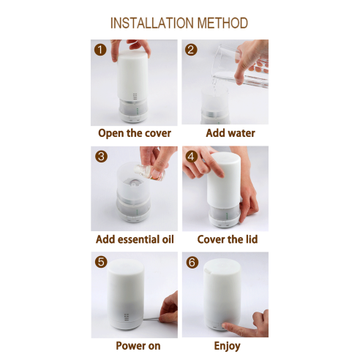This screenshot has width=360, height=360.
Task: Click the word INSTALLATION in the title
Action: click(153, 23)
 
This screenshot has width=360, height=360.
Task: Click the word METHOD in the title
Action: click(222, 23)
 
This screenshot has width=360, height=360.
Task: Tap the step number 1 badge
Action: click(100, 50)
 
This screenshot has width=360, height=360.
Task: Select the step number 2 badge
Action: click(191, 50)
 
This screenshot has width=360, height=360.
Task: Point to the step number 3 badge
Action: click(101, 157)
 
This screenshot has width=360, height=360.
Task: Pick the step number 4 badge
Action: click(192, 157)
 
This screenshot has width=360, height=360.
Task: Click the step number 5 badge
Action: click(101, 262)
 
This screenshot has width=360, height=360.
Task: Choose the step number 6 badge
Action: click(192, 263)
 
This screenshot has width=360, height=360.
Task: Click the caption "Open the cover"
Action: click(135, 133)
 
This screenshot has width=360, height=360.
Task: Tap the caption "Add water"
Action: click(230, 133)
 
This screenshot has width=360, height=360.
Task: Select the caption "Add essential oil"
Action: click(135, 239)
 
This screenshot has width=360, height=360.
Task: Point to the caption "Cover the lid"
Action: click(228, 239)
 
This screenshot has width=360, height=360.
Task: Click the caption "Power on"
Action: click(138, 346)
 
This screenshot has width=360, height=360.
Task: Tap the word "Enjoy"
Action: click(228, 346)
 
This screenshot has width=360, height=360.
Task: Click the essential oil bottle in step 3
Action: click(150, 172)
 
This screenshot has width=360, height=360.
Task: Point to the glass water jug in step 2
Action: click(240, 66)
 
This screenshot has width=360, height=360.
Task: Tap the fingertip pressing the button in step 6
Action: click(225, 326)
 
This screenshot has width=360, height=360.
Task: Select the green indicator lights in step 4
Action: click(227, 216)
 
